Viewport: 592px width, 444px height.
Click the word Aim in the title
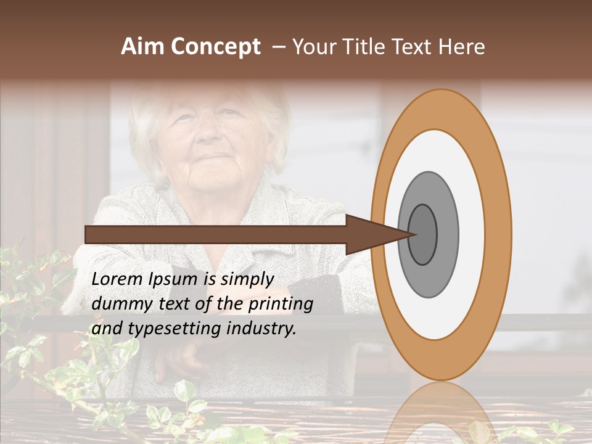click(144, 47)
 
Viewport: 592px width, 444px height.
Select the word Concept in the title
click(216, 47)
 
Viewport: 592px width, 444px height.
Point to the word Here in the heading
click(461, 47)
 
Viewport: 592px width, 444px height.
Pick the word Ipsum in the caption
click(173, 279)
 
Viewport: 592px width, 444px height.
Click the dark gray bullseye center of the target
click(423, 234)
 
